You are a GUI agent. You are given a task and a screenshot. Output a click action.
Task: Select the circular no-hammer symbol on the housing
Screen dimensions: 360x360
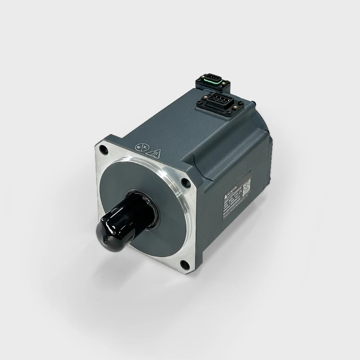140,148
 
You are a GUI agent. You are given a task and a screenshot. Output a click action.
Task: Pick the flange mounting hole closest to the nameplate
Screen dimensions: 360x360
185,183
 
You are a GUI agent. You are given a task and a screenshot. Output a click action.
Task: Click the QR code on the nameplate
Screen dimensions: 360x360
247,186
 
